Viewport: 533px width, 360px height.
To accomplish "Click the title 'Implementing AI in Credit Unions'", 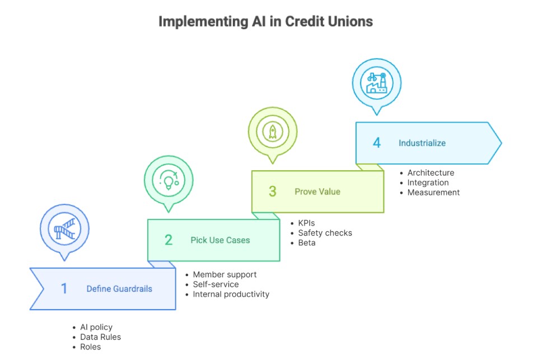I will click(x=265, y=22).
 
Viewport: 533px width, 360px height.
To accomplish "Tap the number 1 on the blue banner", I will click(x=64, y=288).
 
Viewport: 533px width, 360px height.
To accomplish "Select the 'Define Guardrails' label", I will click(x=119, y=289).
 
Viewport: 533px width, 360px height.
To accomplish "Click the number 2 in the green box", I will click(x=169, y=240).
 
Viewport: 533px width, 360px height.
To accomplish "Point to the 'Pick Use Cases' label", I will click(x=220, y=240).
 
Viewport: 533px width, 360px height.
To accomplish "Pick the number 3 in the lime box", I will click(x=273, y=191).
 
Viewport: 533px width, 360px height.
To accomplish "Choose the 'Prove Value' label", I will click(x=317, y=191).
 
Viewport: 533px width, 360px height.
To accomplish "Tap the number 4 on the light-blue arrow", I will click(x=377, y=143).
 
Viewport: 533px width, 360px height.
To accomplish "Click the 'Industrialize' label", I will click(x=422, y=143).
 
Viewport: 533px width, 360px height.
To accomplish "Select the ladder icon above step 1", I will click(x=64, y=228).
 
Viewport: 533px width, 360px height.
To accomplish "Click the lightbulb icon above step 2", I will click(x=169, y=180).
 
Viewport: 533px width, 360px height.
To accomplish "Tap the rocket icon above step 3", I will click(x=273, y=131).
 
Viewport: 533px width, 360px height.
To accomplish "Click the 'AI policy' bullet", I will click(x=96, y=327).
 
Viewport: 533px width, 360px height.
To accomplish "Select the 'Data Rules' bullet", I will click(x=100, y=337).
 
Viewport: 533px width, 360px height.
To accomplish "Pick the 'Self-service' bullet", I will click(x=216, y=284).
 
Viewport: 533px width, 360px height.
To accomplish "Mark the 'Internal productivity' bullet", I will click(x=231, y=294).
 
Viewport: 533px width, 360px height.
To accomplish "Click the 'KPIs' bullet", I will click(x=306, y=223).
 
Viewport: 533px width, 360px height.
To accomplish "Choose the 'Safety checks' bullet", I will click(x=325, y=233).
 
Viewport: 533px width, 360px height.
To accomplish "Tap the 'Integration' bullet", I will click(x=428, y=183).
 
